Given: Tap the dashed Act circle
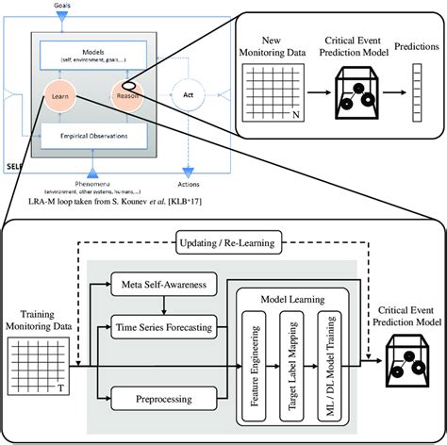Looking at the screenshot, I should coord(189,94).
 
